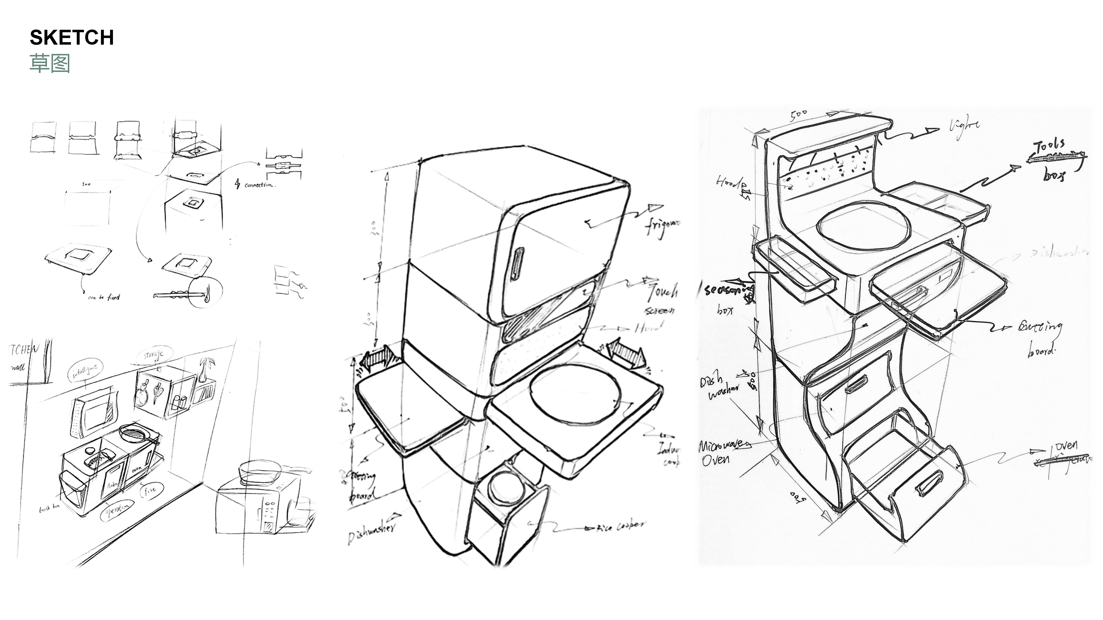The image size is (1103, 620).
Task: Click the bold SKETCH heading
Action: pos(72,38)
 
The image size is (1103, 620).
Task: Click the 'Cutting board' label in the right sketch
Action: pos(1041,338)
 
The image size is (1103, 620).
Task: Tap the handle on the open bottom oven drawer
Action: pos(929,484)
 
